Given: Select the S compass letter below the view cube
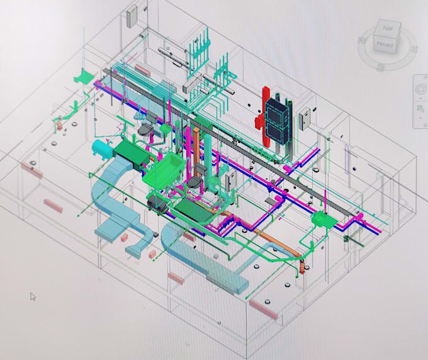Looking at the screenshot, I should point(381,67).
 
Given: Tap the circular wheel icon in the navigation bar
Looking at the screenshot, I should point(420,91).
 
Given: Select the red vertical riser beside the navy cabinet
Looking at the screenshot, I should point(259,122).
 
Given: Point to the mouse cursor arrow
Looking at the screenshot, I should point(33,296).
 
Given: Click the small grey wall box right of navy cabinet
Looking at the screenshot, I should point(305,118).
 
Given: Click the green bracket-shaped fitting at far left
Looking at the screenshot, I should point(81,78).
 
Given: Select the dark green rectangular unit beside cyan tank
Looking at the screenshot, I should point(130,150).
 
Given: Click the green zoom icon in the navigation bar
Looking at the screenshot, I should point(420,111).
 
